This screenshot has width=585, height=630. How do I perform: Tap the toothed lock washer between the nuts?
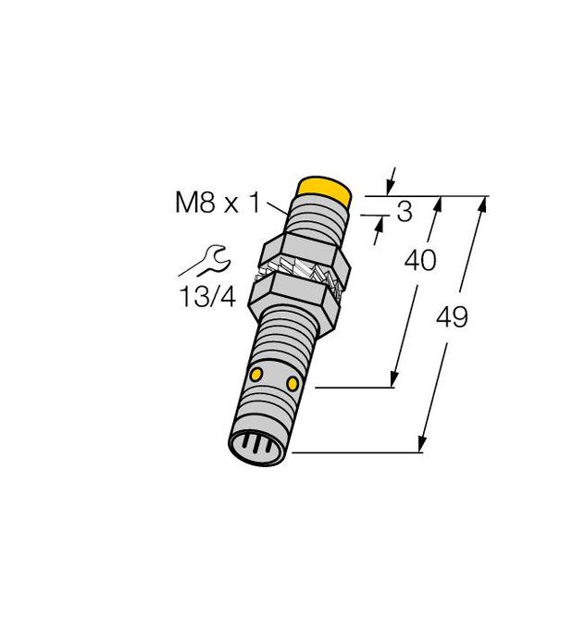click(302, 275)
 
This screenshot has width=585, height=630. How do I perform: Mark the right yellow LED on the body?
click(293, 382)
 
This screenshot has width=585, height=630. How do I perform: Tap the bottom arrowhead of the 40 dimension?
click(395, 380)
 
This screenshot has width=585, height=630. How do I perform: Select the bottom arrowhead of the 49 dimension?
click(423, 446)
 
